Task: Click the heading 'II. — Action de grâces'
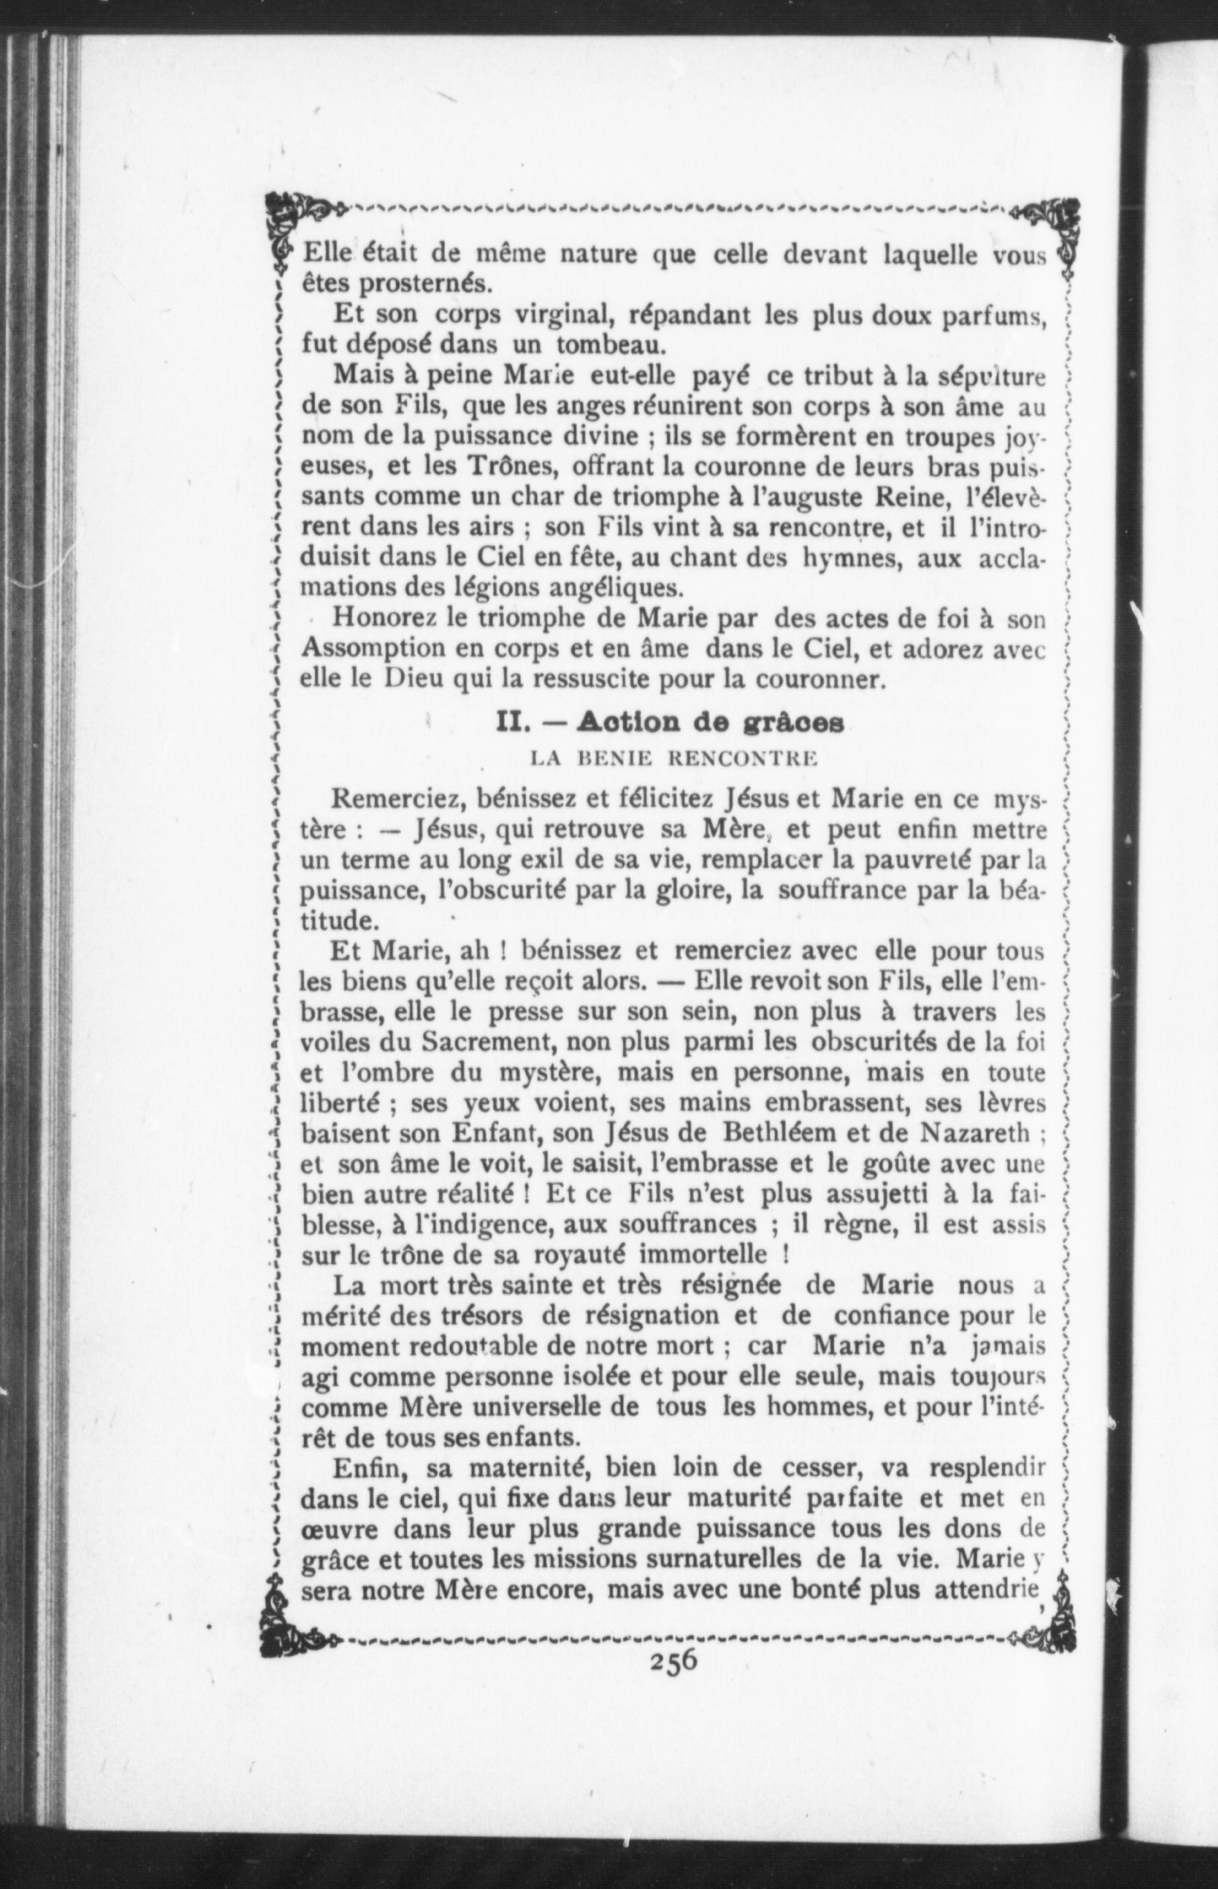669,722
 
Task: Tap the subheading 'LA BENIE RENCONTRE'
672,759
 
